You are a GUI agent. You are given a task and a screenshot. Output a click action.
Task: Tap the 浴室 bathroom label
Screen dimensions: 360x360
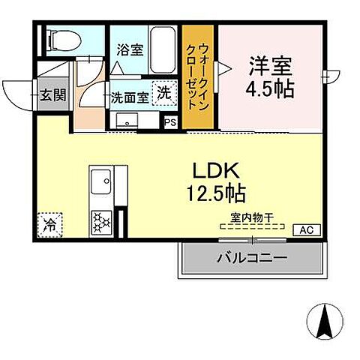130,50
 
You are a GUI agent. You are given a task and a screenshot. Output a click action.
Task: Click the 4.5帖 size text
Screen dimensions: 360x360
271,88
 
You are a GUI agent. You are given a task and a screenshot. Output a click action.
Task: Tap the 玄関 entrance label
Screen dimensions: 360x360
53,94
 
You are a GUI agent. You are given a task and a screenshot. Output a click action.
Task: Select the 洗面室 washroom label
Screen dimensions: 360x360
128,97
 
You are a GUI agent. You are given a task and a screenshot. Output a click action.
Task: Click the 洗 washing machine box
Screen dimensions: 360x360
163,93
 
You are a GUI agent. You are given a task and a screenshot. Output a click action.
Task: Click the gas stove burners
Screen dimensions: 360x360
99,220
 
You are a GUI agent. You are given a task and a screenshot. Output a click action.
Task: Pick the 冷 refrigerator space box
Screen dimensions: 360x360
49,223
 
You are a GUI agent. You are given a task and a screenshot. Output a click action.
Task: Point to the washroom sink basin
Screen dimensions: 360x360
124,121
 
